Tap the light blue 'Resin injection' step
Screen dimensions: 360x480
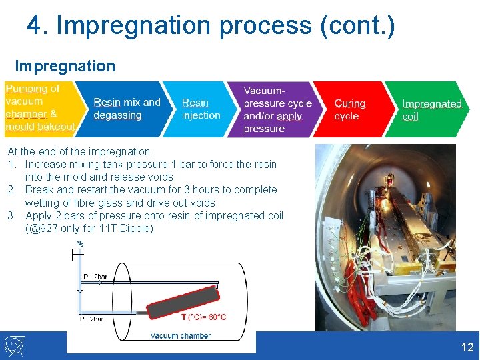pyautogui.click(x=200, y=109)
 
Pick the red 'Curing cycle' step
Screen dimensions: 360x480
pyautogui.click(x=350, y=109)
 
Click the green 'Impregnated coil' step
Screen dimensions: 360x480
pyautogui.click(x=431, y=109)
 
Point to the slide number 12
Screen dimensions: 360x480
pyautogui.click(x=467, y=347)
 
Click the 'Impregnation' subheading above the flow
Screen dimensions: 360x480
pyautogui.click(x=65, y=66)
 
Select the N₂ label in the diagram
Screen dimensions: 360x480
pyautogui.click(x=80, y=244)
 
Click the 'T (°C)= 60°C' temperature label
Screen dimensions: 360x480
pyautogui.click(x=203, y=317)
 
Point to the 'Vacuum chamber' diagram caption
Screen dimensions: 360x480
pyautogui.click(x=180, y=336)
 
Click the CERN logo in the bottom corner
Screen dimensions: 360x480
pyautogui.click(x=14, y=345)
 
